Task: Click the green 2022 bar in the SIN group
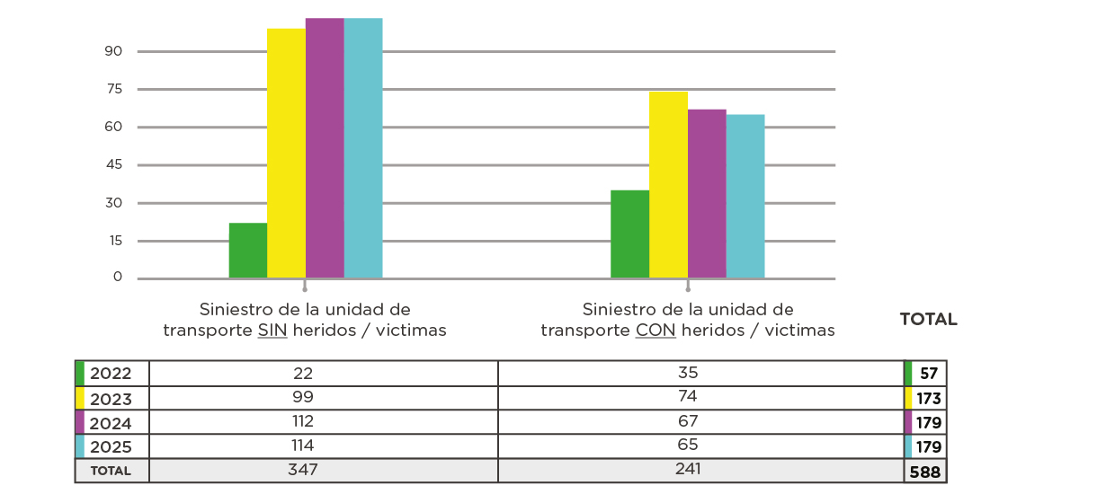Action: pyautogui.click(x=248, y=251)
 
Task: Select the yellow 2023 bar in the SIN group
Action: pyautogui.click(x=286, y=153)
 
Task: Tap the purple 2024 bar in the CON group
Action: pyautogui.click(x=707, y=193)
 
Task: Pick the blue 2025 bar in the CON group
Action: pyautogui.click(x=745, y=196)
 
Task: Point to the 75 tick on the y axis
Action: pyautogui.click(x=114, y=89)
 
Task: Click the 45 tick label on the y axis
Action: pyautogui.click(x=114, y=165)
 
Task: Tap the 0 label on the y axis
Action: pyautogui.click(x=118, y=278)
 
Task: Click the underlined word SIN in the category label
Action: pyautogui.click(x=272, y=331)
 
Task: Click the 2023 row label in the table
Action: pyautogui.click(x=111, y=398)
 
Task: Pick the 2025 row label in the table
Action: pyautogui.click(x=111, y=446)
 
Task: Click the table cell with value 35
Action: pyautogui.click(x=688, y=373)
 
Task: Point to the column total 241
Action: pyautogui.click(x=688, y=469)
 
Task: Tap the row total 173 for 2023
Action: pyautogui.click(x=928, y=398)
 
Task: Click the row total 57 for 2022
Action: pyautogui.click(x=929, y=374)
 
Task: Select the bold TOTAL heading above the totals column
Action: pyautogui.click(x=928, y=320)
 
